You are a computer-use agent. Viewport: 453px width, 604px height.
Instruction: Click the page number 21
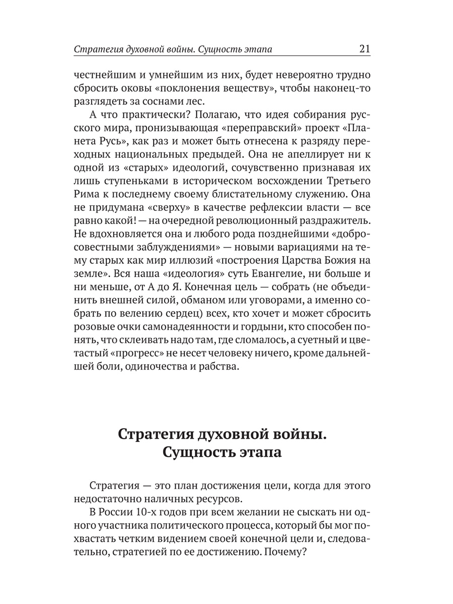pos(364,49)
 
